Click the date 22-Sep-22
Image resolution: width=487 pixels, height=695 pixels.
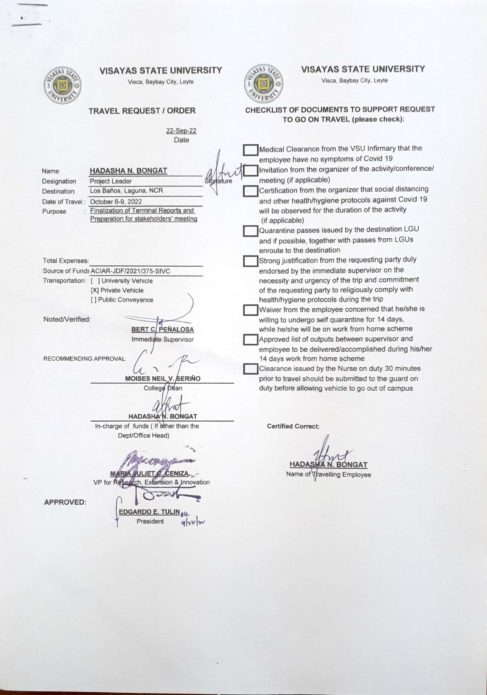(x=181, y=131)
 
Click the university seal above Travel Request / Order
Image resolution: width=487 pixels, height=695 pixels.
(x=63, y=86)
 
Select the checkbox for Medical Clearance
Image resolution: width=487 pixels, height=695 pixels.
(x=250, y=150)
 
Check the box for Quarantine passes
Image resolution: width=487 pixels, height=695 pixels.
(x=250, y=231)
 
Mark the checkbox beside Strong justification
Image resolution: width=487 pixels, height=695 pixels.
(x=250, y=261)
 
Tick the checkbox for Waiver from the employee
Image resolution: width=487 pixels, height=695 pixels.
(x=250, y=310)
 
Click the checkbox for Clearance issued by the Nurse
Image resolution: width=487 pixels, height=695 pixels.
(x=250, y=369)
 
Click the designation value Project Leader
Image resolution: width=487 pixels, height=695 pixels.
(x=111, y=181)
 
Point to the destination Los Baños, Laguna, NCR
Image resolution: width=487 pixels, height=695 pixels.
(x=126, y=191)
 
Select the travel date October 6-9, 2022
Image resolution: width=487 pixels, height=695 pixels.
(x=116, y=202)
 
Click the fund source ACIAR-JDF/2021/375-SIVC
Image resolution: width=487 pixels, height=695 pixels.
(x=130, y=271)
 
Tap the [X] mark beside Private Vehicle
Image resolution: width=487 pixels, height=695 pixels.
(x=95, y=290)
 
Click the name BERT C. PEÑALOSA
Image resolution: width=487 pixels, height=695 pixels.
(x=162, y=329)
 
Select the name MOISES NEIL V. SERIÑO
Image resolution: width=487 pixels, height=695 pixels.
(x=163, y=378)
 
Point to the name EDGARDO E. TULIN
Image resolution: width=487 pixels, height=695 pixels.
(x=149, y=511)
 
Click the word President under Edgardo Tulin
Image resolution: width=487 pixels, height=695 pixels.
(x=150, y=521)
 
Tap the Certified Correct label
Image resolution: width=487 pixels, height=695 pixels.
(x=293, y=426)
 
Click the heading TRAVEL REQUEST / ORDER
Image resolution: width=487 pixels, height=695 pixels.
(x=142, y=111)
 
